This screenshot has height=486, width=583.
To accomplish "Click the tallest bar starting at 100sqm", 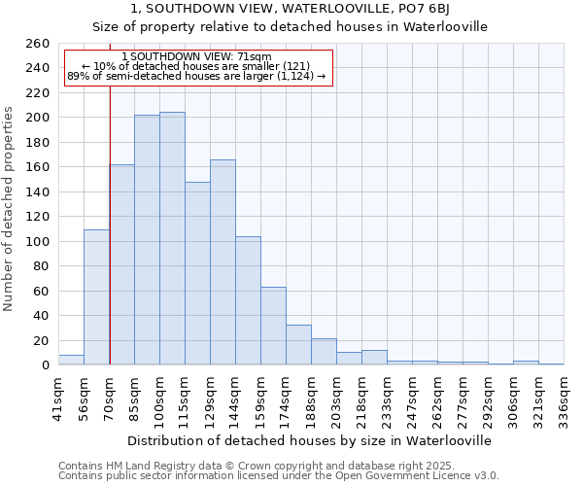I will click(172, 238).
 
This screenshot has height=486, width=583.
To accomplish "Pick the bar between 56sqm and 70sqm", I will click(96, 297).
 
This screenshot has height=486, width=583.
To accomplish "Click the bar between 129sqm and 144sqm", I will click(223, 262).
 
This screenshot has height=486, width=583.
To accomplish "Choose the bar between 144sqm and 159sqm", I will click(248, 300).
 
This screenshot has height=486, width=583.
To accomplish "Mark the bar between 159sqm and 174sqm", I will click(273, 326).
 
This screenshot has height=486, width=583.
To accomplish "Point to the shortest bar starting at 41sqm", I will click(71, 360).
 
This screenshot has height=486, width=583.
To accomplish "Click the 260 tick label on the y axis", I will click(37, 44).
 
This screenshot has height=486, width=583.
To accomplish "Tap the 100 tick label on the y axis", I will click(37, 241).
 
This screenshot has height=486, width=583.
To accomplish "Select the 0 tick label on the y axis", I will click(45, 365).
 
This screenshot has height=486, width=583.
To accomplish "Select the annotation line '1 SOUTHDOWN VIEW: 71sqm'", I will click(197, 57).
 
